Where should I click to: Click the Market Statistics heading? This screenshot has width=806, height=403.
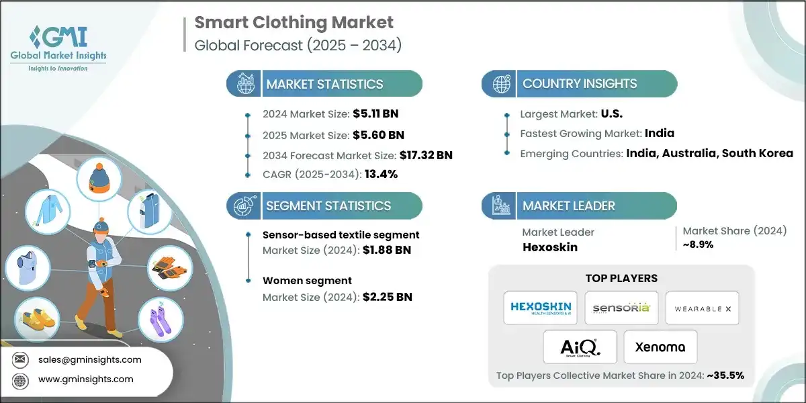click(324, 84)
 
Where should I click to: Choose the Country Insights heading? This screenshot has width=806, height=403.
click(580, 84)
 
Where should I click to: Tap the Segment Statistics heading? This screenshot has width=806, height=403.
click(328, 206)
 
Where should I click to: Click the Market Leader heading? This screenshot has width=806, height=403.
click(569, 206)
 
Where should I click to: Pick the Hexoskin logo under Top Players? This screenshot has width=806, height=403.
click(540, 308)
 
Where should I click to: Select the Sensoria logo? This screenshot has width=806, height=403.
click(621, 308)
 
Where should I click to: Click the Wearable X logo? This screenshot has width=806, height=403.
click(703, 308)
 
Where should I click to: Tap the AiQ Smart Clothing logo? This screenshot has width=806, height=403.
click(580, 347)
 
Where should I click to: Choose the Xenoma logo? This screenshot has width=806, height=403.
click(661, 347)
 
